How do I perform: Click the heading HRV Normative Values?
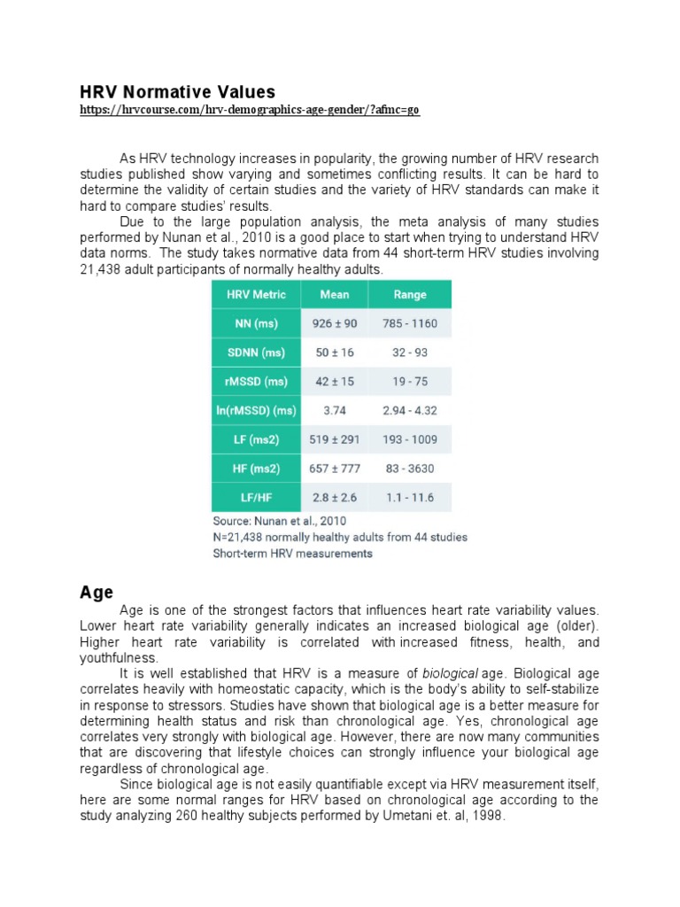[178, 92]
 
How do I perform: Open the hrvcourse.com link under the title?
[250, 110]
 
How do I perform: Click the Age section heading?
[97, 592]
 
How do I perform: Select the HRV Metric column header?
[256, 295]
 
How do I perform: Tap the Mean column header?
[335, 295]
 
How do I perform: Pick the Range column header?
[409, 295]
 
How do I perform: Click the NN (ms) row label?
[256, 323]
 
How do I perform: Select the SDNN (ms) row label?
[256, 353]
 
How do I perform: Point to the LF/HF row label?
[256, 497]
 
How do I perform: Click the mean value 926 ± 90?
[335, 323]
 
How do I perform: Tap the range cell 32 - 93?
[409, 353]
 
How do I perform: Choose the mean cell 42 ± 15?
[335, 382]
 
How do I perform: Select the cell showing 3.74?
[335, 410]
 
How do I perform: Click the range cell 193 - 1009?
[409, 439]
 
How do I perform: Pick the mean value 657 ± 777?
[335, 469]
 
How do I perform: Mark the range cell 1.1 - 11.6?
[409, 497]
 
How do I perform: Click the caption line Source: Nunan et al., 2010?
[279, 521]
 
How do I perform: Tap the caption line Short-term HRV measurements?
[292, 554]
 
